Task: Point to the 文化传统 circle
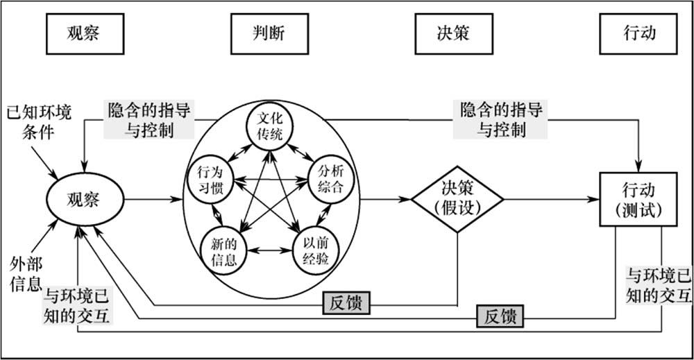pos(270,126)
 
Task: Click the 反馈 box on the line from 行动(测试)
pos(500,318)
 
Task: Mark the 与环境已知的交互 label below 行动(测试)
pos(659,285)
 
